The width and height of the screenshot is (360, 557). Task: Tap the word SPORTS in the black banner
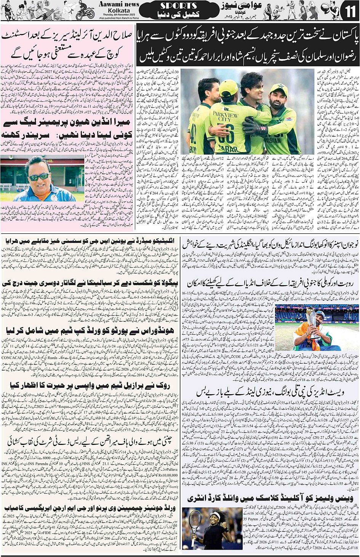click(178, 6)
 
